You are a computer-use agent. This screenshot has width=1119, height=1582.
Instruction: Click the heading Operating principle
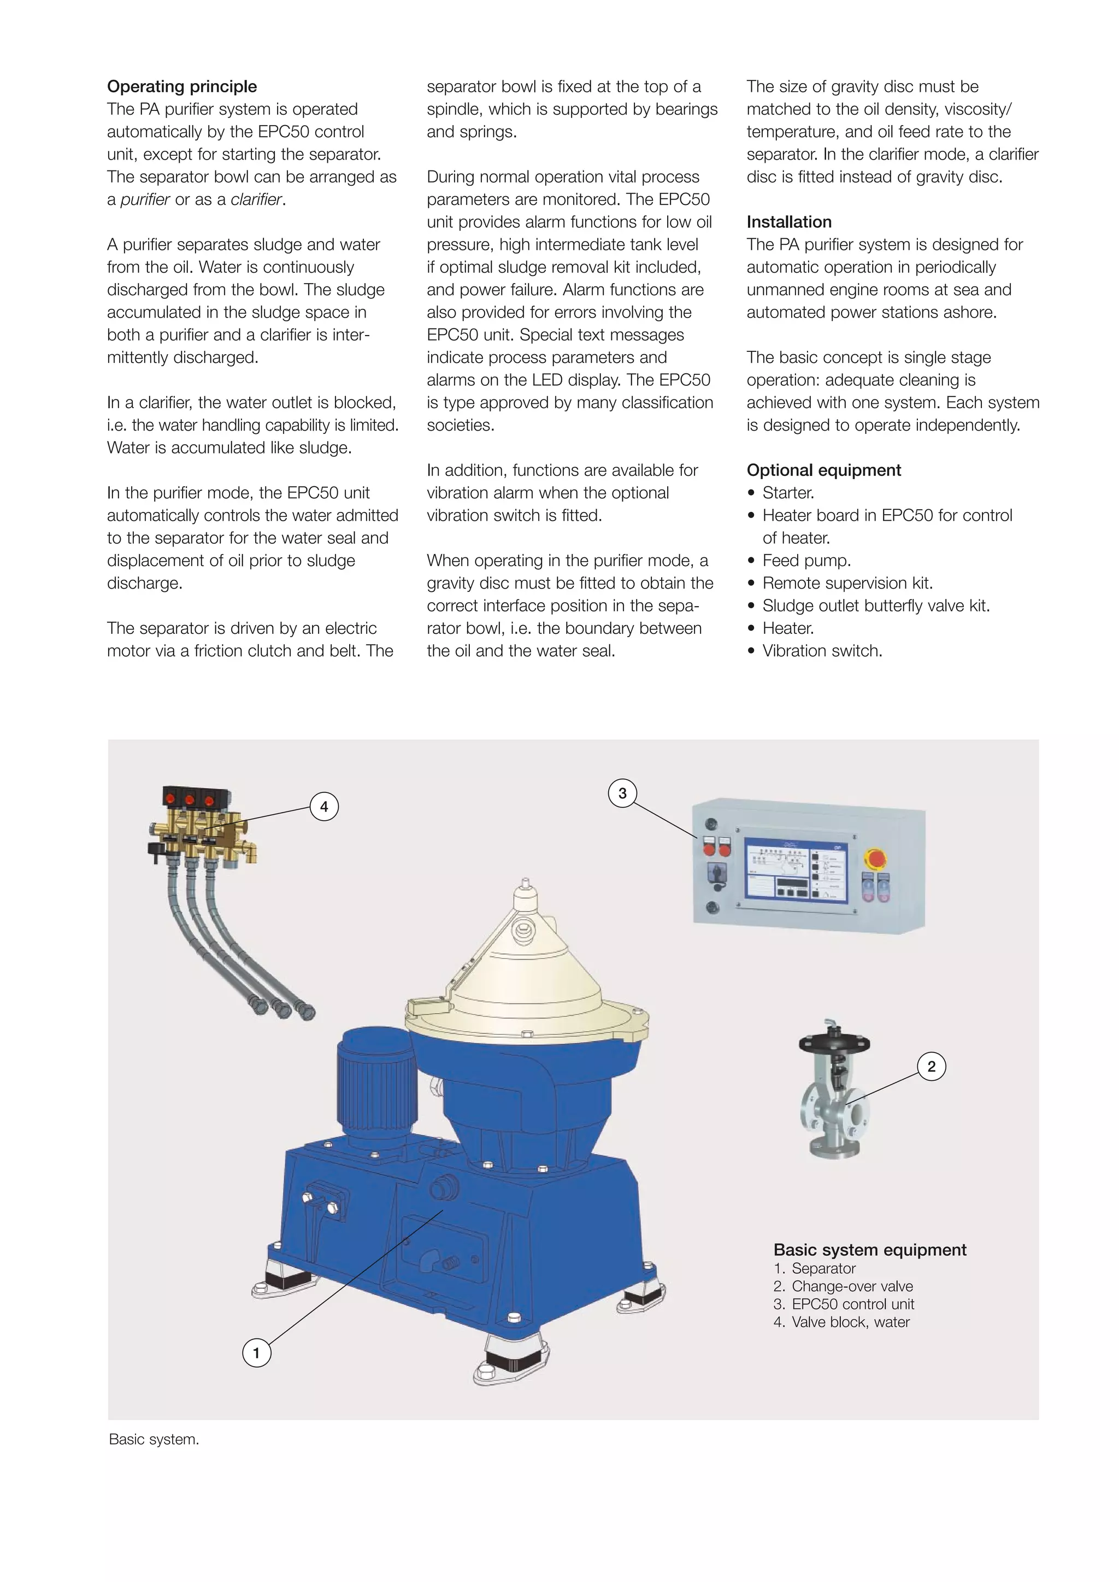coord(182,87)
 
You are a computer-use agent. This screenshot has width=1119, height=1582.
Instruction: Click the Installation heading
coord(789,222)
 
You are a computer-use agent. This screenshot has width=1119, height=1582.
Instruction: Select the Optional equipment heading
coord(823,470)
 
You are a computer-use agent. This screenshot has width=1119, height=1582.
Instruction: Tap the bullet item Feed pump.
coord(806,560)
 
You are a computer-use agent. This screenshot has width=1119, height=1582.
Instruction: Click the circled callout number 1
coord(256,1353)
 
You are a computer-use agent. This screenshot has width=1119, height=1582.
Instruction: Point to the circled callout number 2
coord(932,1067)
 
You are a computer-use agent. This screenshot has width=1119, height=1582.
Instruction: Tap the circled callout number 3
coord(622,793)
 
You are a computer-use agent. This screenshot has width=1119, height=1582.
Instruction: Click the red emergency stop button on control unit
coord(876,859)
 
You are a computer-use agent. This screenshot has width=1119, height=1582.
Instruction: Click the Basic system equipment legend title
coord(869,1250)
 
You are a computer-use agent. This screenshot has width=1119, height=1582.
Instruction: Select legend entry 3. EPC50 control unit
coord(844,1304)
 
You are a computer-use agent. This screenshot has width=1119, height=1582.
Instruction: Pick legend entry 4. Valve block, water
coord(841,1322)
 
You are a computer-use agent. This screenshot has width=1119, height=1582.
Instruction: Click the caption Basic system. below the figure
coord(154,1439)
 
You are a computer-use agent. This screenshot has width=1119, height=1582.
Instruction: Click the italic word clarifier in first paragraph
coord(256,200)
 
